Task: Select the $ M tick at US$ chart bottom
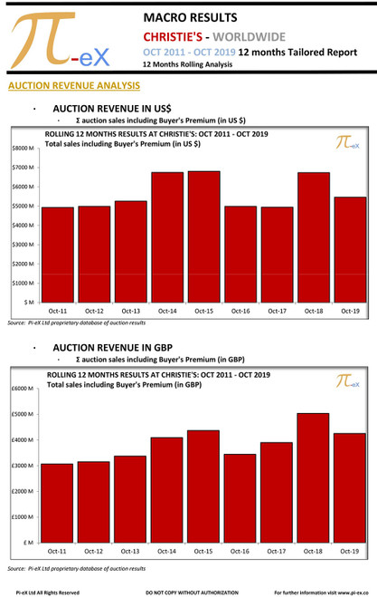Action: [x=28, y=302]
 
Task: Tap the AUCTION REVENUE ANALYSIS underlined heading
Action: [x=72, y=86]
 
